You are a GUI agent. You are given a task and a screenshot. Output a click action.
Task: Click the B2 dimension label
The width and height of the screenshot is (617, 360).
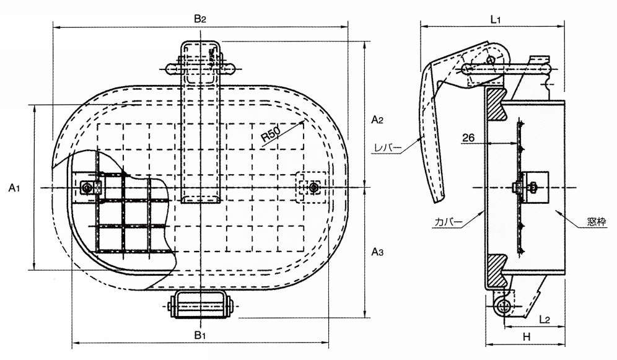click(x=199, y=19)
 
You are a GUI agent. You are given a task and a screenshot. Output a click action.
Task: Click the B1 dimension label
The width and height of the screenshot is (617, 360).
click(x=199, y=336)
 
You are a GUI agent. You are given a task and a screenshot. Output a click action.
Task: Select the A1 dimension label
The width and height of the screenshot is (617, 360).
click(x=15, y=188)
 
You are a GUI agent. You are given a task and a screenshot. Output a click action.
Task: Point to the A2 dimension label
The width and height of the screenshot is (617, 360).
click(x=377, y=118)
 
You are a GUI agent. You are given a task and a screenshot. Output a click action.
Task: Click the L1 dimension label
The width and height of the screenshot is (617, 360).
click(x=496, y=19)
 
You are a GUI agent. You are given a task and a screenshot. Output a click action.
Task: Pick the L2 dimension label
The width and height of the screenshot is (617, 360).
click(x=545, y=319)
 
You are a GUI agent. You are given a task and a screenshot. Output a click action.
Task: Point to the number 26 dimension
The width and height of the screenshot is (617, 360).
click(x=469, y=139)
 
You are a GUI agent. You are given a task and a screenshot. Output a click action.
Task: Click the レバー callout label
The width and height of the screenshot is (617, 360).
click(x=389, y=147)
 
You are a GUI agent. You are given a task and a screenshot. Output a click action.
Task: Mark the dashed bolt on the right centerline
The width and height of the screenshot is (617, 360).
click(x=315, y=187)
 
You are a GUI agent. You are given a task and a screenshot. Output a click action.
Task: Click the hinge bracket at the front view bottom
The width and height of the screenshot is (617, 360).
click(x=203, y=305)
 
